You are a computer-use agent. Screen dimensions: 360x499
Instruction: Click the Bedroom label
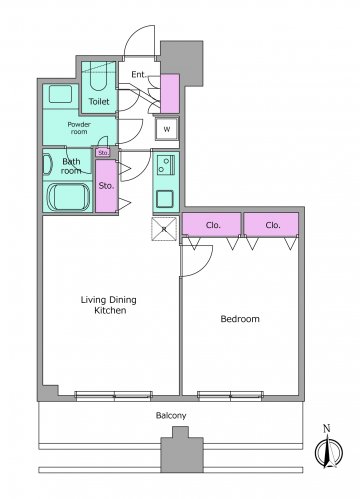240,319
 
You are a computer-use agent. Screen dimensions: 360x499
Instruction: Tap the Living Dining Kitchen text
109,305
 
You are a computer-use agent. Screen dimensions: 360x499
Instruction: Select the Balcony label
171,416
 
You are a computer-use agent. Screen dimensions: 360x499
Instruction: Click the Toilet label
99,101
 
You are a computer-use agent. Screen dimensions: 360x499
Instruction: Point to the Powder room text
79,128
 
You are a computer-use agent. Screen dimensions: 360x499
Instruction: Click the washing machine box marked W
167,129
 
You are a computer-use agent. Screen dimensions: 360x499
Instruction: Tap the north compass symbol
328,449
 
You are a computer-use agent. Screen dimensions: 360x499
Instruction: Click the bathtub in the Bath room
68,197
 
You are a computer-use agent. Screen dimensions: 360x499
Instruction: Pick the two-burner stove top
166,165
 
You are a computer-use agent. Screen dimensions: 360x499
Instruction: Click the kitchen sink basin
165,199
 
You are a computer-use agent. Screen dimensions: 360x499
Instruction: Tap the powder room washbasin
61,94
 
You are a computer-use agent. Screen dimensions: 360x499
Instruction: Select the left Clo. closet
211,225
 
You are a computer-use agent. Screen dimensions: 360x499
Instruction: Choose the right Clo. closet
271,225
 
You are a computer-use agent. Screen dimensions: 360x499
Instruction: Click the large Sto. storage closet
106,186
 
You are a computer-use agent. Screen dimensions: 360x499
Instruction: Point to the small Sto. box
103,153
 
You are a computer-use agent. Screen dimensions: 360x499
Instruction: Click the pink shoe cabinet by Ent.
170,94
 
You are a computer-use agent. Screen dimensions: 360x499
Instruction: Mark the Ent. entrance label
139,75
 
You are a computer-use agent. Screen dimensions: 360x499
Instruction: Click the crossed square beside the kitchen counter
164,229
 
